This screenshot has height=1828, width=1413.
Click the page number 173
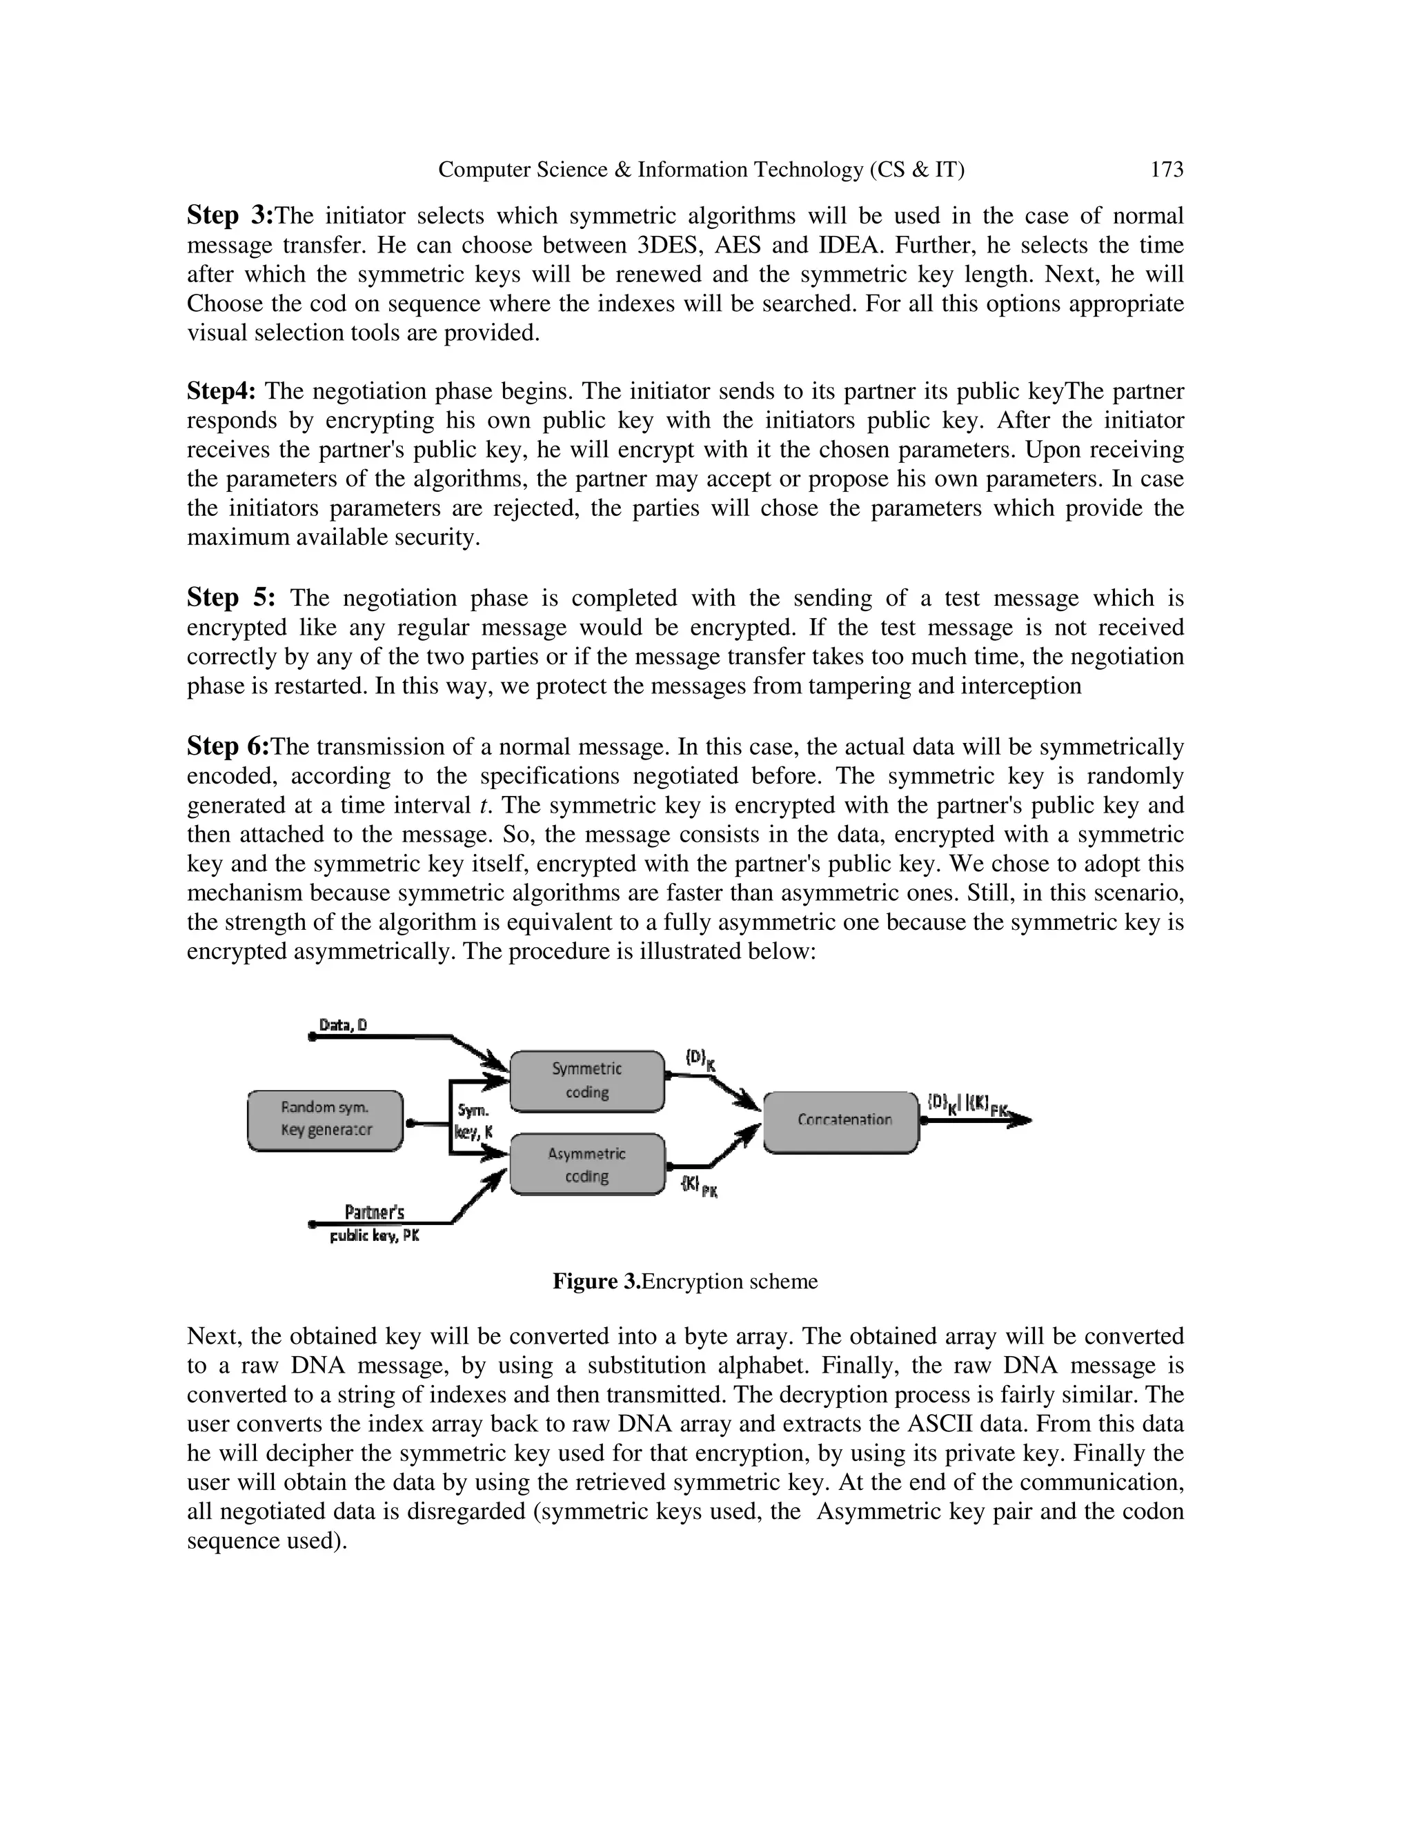click(1166, 170)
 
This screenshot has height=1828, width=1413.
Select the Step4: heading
click(221, 391)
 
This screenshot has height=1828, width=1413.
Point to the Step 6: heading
click(228, 746)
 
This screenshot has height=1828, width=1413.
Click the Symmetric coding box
click(587, 1080)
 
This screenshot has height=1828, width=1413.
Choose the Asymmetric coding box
click(587, 1164)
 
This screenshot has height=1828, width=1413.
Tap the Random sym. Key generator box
click(326, 1119)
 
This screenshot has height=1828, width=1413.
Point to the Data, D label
click(343, 1025)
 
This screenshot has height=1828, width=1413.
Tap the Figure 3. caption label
click(596, 1282)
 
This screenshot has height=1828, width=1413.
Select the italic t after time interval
click(484, 805)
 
